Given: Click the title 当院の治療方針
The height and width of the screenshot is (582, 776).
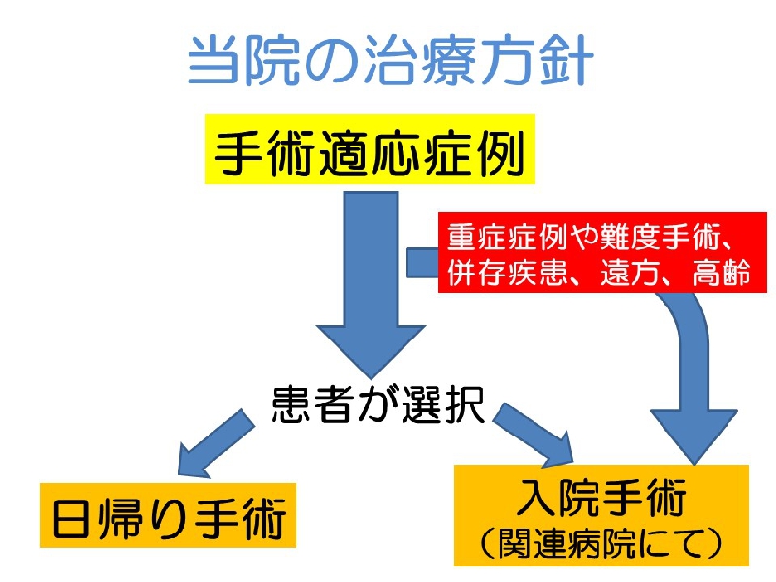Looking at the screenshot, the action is pyautogui.click(x=391, y=61).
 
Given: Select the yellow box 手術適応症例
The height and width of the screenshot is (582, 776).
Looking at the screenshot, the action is pyautogui.click(x=370, y=149).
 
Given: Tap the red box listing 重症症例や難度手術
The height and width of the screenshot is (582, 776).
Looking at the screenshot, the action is pyautogui.click(x=602, y=252).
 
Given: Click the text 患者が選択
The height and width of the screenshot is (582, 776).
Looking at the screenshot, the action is pyautogui.click(x=377, y=404).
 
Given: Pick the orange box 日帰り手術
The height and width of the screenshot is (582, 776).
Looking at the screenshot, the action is pyautogui.click(x=168, y=516).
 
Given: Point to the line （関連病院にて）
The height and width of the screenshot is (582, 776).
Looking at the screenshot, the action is pyautogui.click(x=600, y=543).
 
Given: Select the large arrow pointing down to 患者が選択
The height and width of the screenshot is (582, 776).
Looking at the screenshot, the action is pyautogui.click(x=372, y=285).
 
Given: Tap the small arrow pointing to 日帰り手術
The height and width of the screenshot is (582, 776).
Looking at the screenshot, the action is pyautogui.click(x=215, y=443).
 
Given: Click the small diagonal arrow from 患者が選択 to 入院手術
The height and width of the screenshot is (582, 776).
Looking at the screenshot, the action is pyautogui.click(x=533, y=435).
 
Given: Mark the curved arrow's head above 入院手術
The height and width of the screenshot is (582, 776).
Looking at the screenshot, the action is pyautogui.click(x=694, y=436).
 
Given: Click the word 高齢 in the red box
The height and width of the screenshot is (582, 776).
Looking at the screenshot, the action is pyautogui.click(x=721, y=273).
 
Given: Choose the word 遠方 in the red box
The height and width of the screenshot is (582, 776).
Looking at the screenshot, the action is pyautogui.click(x=629, y=273).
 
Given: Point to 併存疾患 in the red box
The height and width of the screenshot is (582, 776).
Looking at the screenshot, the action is pyautogui.click(x=507, y=273).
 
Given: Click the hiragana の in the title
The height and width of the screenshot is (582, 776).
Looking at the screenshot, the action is pyautogui.click(x=329, y=62).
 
